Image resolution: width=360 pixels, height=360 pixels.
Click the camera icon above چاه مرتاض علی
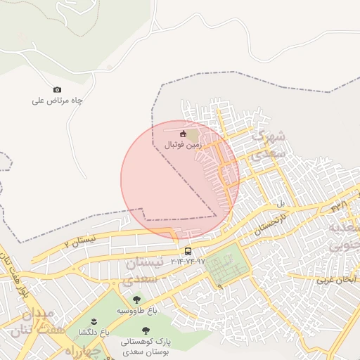click(x=57, y=89)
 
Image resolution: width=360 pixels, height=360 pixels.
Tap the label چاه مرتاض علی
click(x=58, y=101)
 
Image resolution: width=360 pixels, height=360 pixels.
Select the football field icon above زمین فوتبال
click(x=184, y=134)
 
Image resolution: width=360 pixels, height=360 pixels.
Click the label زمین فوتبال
click(x=183, y=145)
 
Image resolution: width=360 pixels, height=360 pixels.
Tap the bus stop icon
click(x=188, y=251)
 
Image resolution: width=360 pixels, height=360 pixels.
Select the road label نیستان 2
click(x=79, y=241)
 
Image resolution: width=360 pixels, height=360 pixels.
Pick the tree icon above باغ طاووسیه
click(x=136, y=300)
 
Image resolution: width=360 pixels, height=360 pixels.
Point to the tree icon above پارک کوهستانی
click(x=146, y=330)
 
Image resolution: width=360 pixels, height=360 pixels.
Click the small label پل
click(x=281, y=203)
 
